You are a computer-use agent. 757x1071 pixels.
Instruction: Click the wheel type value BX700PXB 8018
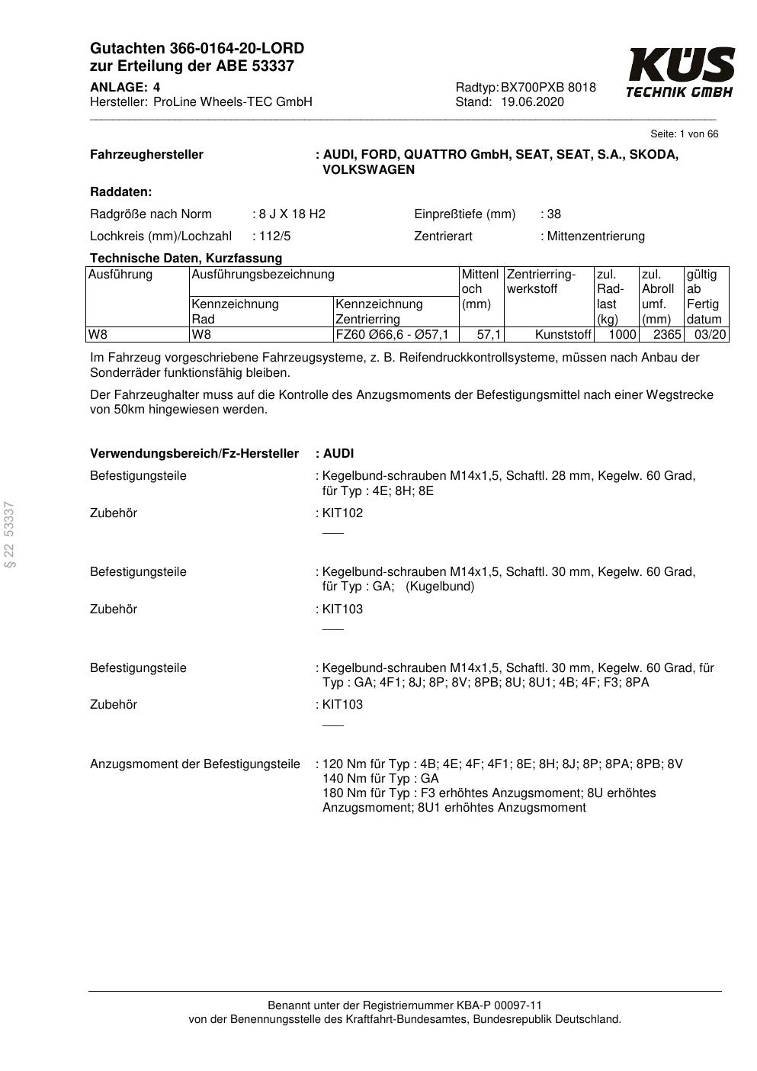[548, 88]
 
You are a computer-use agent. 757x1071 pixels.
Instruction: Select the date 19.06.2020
[532, 102]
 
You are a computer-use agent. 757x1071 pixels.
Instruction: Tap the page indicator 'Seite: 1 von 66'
[684, 134]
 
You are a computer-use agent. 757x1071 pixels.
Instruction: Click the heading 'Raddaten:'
[121, 192]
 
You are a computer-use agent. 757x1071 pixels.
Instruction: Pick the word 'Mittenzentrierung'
[595, 236]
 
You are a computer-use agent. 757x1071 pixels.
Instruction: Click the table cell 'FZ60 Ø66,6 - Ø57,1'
[392, 335]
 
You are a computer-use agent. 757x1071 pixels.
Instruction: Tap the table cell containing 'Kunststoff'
[563, 335]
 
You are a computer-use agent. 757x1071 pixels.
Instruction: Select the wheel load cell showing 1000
[621, 335]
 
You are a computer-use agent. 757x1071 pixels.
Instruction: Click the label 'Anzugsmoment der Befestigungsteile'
[195, 764]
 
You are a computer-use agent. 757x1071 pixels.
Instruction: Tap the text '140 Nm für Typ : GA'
[380, 779]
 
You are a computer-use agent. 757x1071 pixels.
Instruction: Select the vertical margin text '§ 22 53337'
[10, 535]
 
